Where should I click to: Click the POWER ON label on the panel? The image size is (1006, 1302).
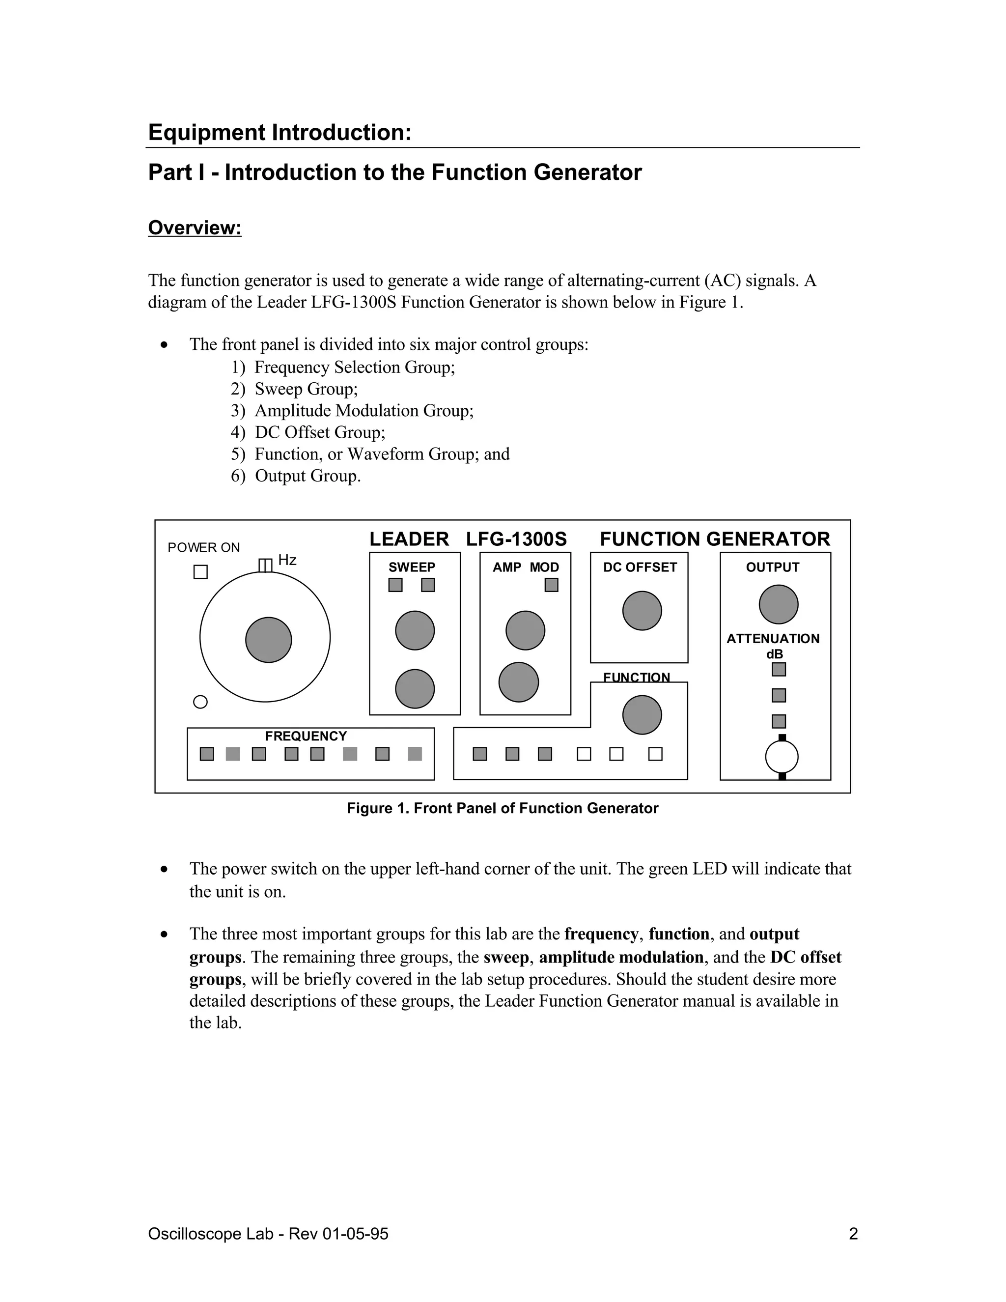click(x=203, y=547)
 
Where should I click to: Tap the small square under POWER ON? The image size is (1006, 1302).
click(x=201, y=572)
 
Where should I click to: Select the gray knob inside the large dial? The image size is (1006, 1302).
click(x=268, y=640)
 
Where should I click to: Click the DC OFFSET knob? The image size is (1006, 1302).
click(x=642, y=610)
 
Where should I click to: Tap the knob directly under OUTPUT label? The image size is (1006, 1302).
click(x=779, y=604)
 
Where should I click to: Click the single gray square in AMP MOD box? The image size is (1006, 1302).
click(x=551, y=585)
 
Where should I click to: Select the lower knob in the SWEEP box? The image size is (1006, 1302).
click(x=415, y=688)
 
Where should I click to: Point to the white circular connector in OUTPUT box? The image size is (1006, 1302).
click(x=782, y=757)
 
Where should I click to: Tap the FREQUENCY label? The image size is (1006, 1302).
click(x=306, y=736)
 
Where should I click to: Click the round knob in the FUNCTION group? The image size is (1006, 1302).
click(x=642, y=715)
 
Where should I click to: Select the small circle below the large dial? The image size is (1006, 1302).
click(x=201, y=702)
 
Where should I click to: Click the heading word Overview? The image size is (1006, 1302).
click(x=195, y=228)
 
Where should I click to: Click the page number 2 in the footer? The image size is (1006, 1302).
click(x=853, y=1233)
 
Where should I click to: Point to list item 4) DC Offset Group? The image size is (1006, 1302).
click(x=308, y=432)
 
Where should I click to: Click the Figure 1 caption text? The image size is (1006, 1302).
click(x=503, y=808)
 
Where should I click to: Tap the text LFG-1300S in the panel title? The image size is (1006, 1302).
click(x=516, y=539)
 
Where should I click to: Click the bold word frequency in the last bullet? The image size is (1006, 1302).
click(x=601, y=934)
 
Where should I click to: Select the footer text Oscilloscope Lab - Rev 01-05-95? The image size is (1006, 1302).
click(x=268, y=1233)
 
